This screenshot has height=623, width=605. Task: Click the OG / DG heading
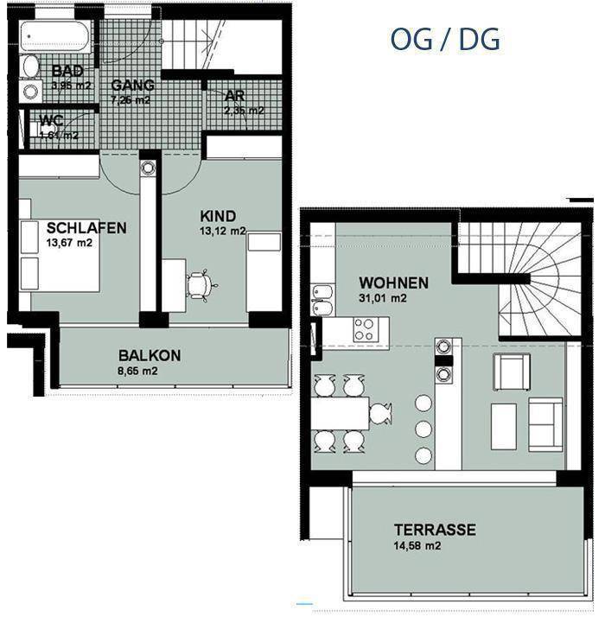pos(444,39)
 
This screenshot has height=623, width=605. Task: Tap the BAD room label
pos(67,71)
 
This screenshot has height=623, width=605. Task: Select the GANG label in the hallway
pos(132,85)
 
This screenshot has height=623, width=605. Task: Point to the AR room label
pos(234,96)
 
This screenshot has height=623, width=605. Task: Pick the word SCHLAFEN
pos(86,228)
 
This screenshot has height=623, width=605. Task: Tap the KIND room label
pos(218,216)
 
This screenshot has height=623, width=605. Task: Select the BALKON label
pos(150,355)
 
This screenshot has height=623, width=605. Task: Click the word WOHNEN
pos(393,283)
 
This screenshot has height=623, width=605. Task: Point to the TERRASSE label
pos(435,530)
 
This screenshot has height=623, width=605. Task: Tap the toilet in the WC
pos(48,130)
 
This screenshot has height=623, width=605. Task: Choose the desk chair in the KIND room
pos(199,285)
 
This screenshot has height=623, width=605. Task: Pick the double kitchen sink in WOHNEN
pos(322,298)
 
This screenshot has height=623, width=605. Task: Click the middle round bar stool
pos(423,429)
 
